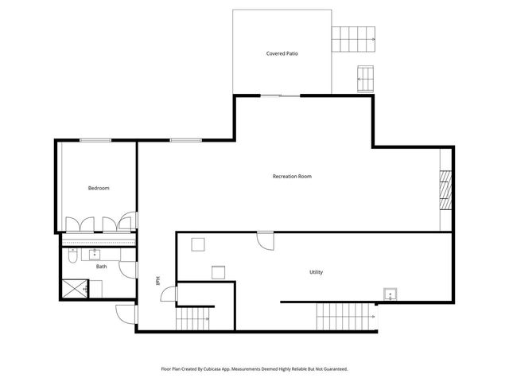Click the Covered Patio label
click(282, 54)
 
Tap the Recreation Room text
click(291, 176)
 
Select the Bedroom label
click(98, 188)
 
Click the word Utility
click(316, 272)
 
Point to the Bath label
click(101, 267)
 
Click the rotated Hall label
click(157, 280)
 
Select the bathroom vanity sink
click(94, 254)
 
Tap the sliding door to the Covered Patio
click(281, 95)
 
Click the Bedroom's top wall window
click(95, 141)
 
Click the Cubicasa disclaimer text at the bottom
click(254, 369)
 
